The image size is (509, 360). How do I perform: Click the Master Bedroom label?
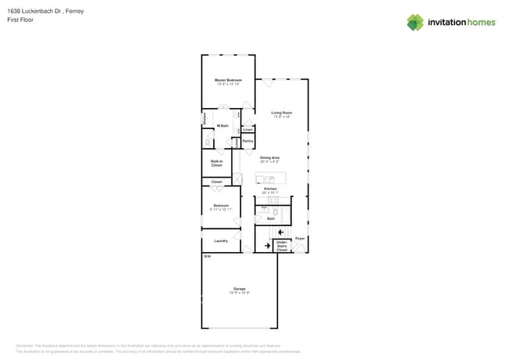pyautogui.click(x=228, y=80)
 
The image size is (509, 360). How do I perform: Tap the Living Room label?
pyautogui.click(x=282, y=113)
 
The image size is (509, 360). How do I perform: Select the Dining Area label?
pyautogui.click(x=270, y=157)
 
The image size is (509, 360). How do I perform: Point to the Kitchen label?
pyautogui.click(x=270, y=189)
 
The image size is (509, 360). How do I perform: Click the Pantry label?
pyautogui.click(x=247, y=141)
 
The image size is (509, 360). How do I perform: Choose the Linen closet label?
pyautogui.click(x=247, y=129)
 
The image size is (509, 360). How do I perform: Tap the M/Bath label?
pyautogui.click(x=222, y=125)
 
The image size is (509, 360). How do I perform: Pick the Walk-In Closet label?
pyautogui.click(x=217, y=163)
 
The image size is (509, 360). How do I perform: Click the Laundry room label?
pyautogui.click(x=221, y=240)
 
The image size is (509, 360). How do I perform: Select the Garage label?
pyautogui.click(x=240, y=289)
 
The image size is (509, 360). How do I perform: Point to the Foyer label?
pyautogui.click(x=300, y=238)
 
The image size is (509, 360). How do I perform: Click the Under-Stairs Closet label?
pyautogui.click(x=282, y=246)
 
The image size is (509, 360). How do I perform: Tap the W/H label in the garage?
pyautogui.click(x=207, y=256)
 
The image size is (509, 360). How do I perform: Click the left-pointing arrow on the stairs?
pyautogui.click(x=280, y=232)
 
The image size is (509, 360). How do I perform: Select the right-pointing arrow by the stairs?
pyautogui.click(x=267, y=246)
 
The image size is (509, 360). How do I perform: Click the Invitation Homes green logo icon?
pyautogui.click(x=415, y=22)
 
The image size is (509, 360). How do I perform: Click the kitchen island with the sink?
pyautogui.click(x=271, y=178)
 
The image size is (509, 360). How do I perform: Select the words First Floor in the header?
pyautogui.click(x=20, y=20)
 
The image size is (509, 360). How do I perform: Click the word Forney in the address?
pyautogui.click(x=75, y=11)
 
